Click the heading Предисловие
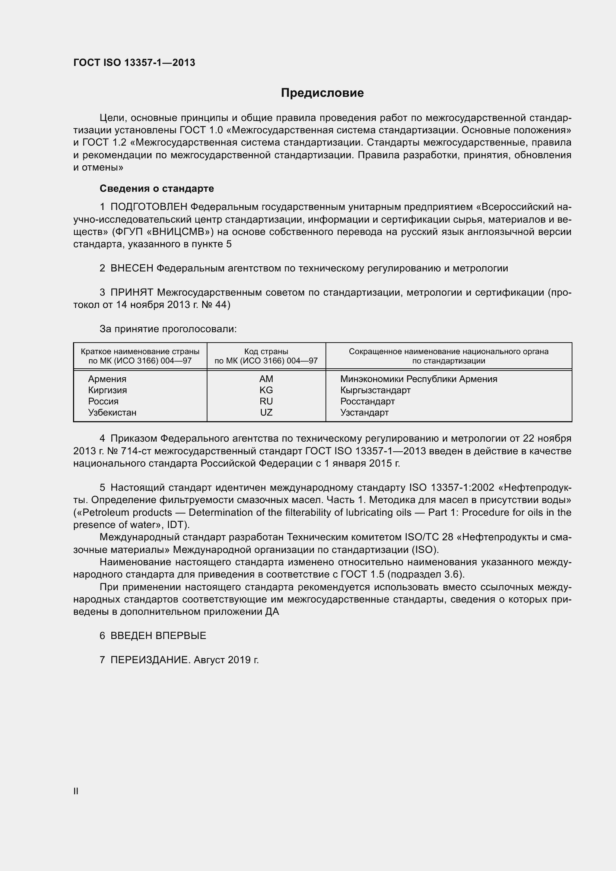click(322, 93)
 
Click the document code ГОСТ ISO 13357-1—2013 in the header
click(134, 63)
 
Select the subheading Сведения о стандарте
click(157, 188)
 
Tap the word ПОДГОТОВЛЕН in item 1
click(149, 207)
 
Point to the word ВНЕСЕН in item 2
click(131, 268)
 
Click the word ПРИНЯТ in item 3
click(131, 292)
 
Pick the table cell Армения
click(107, 379)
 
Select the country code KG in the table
click(266, 390)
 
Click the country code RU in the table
click(266, 401)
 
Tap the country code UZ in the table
click(266, 412)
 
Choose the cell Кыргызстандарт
click(375, 390)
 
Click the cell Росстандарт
click(367, 401)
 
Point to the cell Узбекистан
click(112, 412)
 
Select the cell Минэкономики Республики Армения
click(418, 379)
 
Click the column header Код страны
click(266, 352)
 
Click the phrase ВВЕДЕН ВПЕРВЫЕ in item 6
click(158, 636)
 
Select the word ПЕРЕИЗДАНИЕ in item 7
click(149, 660)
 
